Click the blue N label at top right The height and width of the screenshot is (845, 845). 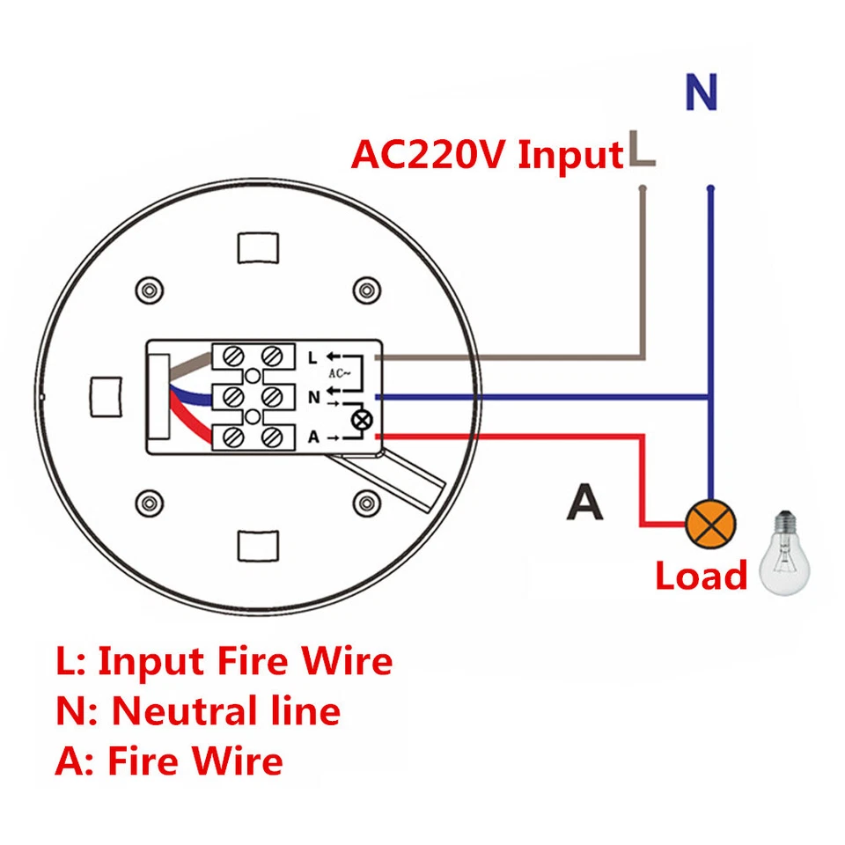pyautogui.click(x=701, y=92)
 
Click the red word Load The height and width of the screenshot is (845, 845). pyautogui.click(x=701, y=577)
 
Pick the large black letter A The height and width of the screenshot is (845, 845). pyautogui.click(x=584, y=502)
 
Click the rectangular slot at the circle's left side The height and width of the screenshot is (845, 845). pyautogui.click(x=107, y=395)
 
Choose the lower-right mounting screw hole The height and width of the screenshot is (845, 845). pyautogui.click(x=364, y=503)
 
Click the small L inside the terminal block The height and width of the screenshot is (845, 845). pyautogui.click(x=312, y=357)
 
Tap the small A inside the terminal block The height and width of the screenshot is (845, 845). pyautogui.click(x=312, y=437)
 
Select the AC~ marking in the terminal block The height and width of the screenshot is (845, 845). pyautogui.click(x=341, y=373)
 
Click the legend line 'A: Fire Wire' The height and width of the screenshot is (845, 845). pyautogui.click(x=169, y=760)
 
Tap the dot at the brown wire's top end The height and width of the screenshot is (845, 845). pyautogui.click(x=643, y=188)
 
